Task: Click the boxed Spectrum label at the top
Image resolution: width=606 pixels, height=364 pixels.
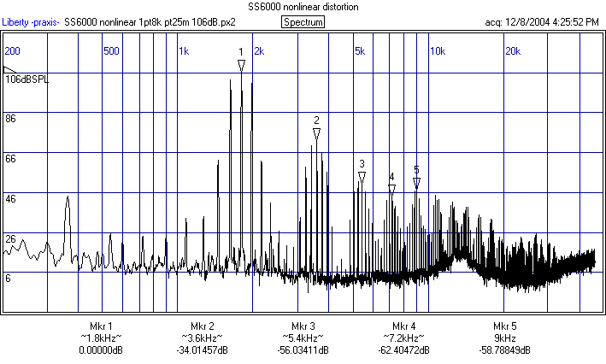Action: click(x=303, y=21)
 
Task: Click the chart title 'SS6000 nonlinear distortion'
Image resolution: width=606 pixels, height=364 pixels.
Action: click(x=303, y=7)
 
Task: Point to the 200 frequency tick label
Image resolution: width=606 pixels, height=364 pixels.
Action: click(x=13, y=50)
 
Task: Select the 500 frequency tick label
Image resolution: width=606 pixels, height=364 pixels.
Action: click(x=111, y=50)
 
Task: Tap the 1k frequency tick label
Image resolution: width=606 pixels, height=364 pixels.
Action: click(x=184, y=50)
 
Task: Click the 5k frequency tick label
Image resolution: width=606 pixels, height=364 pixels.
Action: click(x=360, y=50)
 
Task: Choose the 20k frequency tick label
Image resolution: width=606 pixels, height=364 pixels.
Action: click(x=514, y=50)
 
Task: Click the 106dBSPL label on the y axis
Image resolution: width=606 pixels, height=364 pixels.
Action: click(x=28, y=79)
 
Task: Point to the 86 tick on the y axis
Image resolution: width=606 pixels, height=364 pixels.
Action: click(x=11, y=119)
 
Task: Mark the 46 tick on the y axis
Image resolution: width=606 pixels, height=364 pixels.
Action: click(x=11, y=198)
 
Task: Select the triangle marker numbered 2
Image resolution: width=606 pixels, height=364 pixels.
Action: click(x=316, y=135)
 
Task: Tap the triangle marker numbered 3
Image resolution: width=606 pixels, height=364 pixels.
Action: click(x=362, y=178)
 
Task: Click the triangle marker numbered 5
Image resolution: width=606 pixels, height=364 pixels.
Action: click(x=416, y=183)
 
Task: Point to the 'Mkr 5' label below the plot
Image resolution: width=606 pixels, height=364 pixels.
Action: click(x=505, y=326)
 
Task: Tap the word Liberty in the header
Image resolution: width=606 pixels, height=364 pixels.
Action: click(x=18, y=21)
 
